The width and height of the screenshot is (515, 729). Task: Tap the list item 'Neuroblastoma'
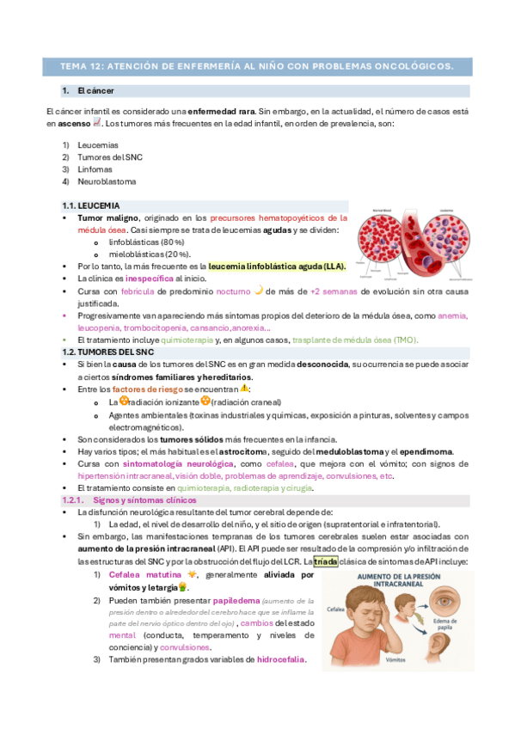click(107, 181)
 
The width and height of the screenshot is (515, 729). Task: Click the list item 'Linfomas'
click(95, 169)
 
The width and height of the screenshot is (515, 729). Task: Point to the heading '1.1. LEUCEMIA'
click(90, 206)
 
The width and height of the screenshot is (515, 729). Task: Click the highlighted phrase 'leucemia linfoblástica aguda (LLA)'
click(277, 267)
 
